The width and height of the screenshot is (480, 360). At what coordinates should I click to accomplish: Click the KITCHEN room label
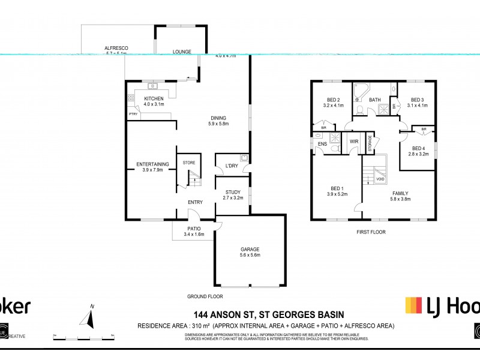tap(145, 98)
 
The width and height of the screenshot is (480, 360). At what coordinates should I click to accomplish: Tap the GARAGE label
tap(250, 249)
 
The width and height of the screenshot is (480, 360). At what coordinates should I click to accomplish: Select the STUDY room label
tap(233, 192)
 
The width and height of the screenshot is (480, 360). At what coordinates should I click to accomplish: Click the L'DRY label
tap(232, 166)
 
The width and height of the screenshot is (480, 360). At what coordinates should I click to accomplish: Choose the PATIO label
tap(194, 229)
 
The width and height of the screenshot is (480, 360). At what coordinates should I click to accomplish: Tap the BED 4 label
tap(418, 148)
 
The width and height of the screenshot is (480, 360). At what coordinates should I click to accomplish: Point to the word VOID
tap(380, 179)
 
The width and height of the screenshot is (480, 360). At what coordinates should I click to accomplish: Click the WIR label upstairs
tap(353, 142)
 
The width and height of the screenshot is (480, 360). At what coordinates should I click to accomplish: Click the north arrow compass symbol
tap(91, 316)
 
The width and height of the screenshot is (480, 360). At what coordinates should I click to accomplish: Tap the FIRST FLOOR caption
tap(370, 232)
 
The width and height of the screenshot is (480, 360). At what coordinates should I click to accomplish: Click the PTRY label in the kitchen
tap(133, 114)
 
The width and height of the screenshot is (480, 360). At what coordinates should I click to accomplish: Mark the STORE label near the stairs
tap(189, 162)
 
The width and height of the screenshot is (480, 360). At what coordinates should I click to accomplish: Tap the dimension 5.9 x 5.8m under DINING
tap(220, 124)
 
